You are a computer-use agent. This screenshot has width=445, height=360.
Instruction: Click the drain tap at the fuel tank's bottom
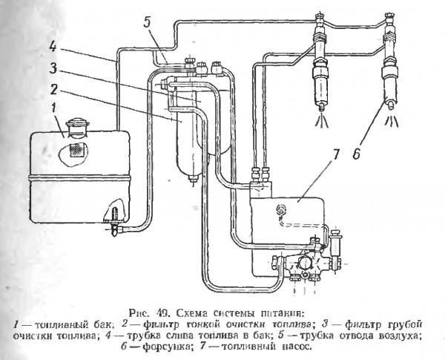pyautogui.click(x=113, y=220)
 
